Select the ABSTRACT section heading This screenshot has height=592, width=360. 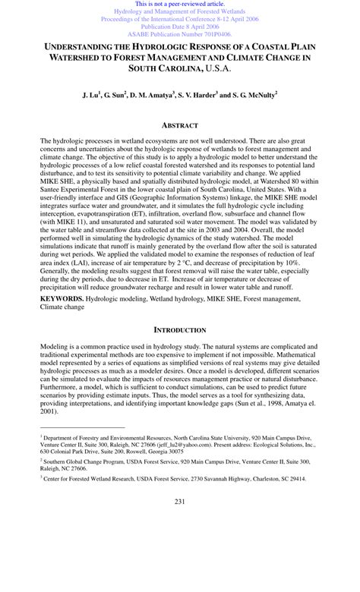click(x=179, y=125)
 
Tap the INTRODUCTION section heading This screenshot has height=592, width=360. click(x=180, y=330)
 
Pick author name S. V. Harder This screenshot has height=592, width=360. click(x=197, y=97)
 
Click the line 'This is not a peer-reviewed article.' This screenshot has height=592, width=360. click(x=180, y=4)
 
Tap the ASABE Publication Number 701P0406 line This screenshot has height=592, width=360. click(x=180, y=34)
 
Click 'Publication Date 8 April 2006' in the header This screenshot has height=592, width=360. click(x=180, y=27)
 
